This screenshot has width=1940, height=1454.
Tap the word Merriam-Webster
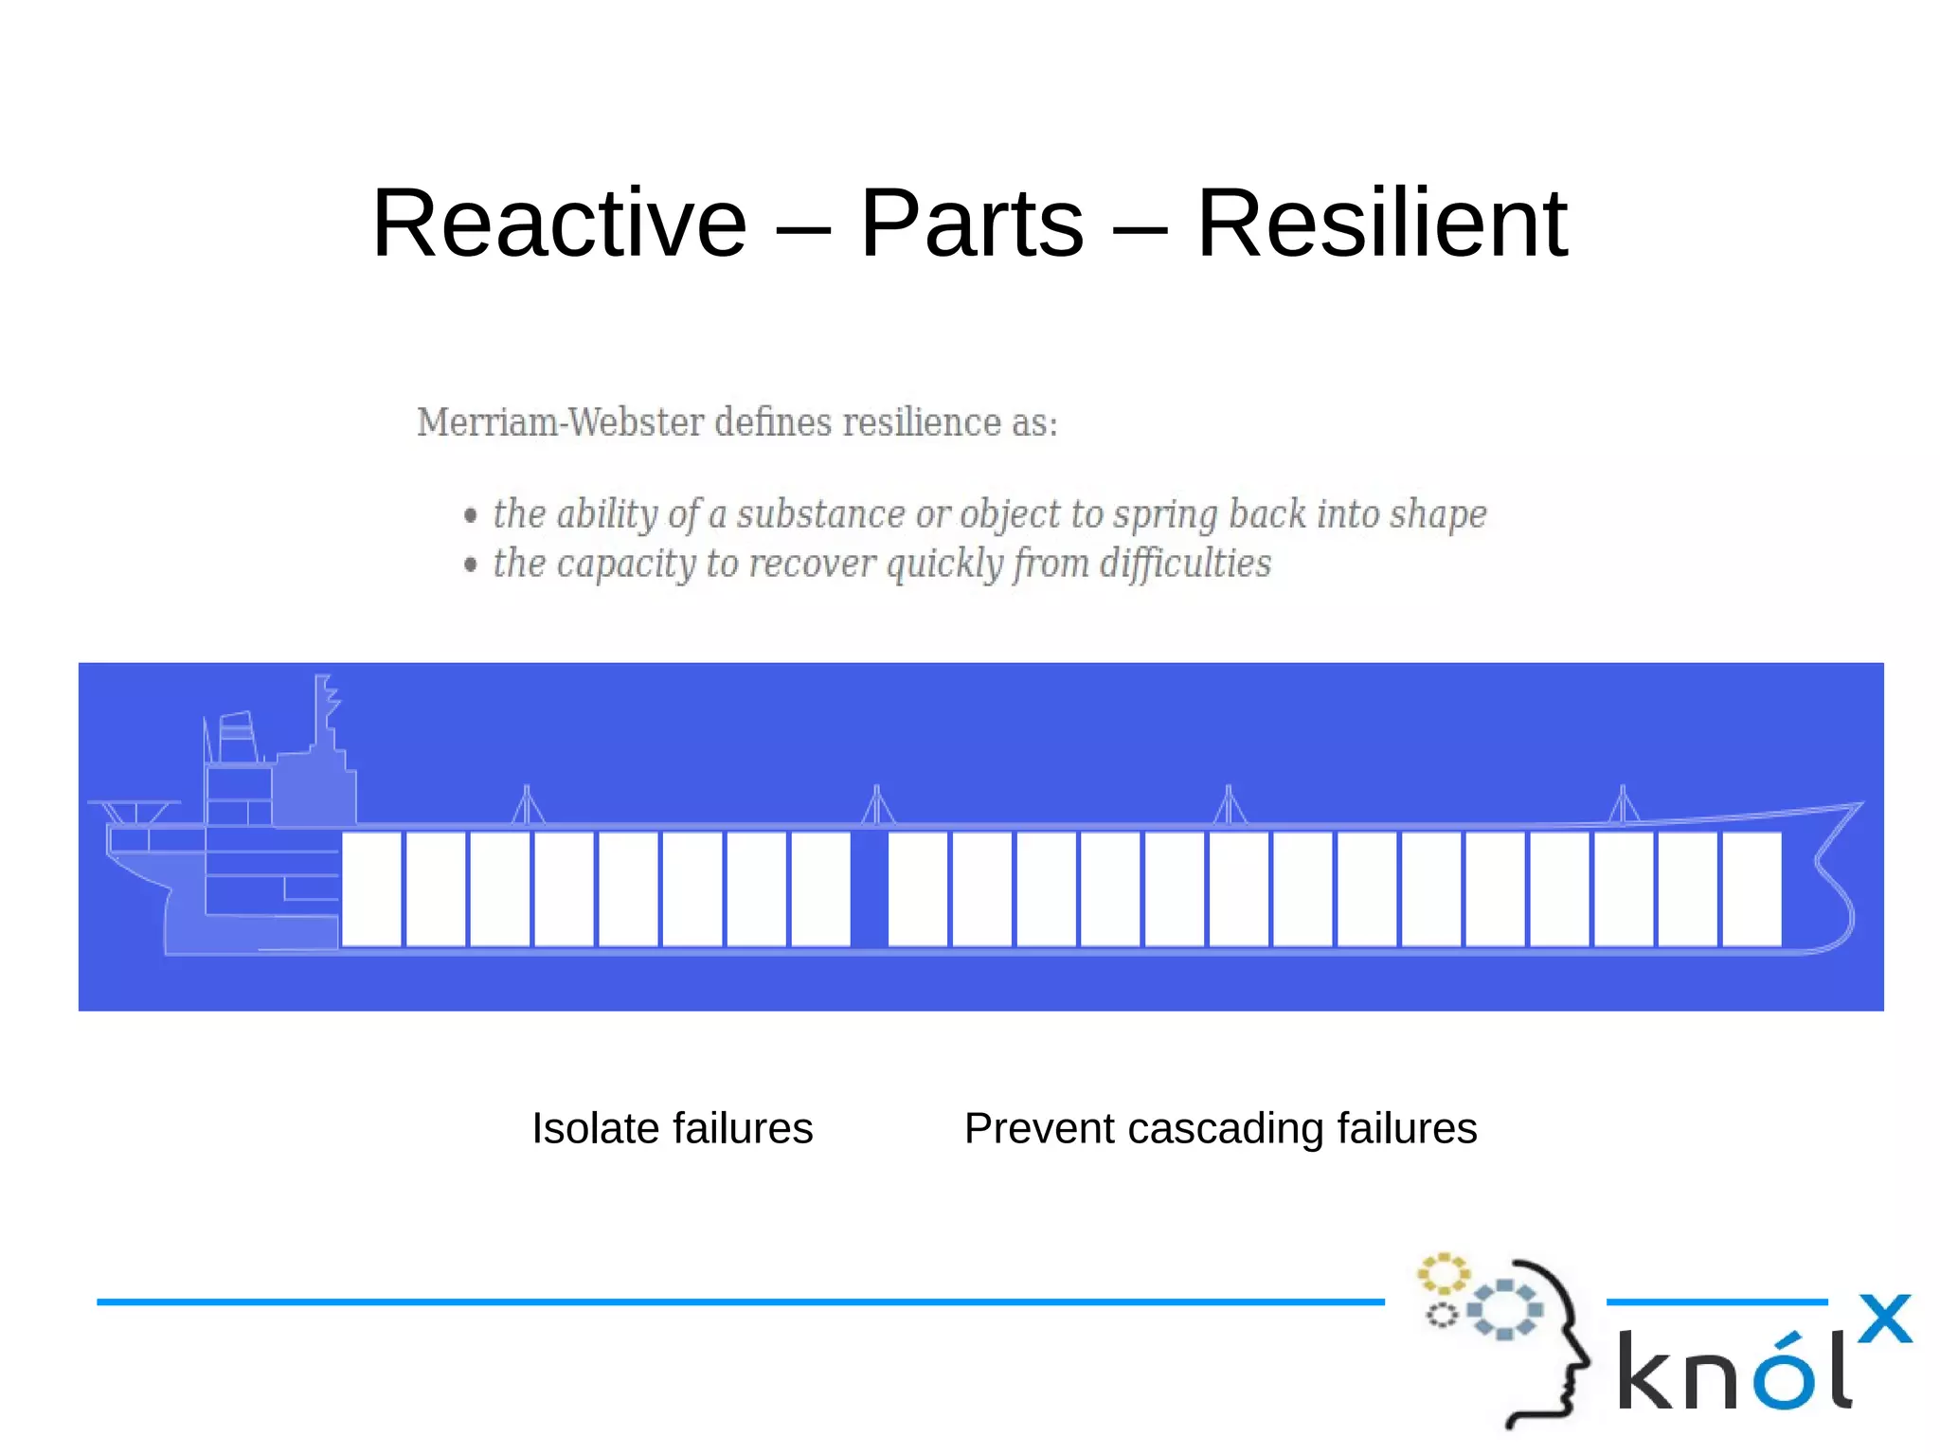pyautogui.click(x=561, y=422)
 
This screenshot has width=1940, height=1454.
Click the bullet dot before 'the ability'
pyautogui.click(x=471, y=515)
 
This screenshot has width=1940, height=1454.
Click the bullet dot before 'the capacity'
pyautogui.click(x=471, y=565)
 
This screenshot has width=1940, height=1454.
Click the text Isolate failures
pyautogui.click(x=672, y=1128)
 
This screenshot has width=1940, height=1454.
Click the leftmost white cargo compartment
pyautogui.click(x=370, y=889)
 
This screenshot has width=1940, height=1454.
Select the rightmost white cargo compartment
pyautogui.click(x=1751, y=889)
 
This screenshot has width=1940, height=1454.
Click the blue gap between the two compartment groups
pyautogui.click(x=870, y=889)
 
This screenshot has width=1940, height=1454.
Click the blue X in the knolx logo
pyautogui.click(x=1884, y=1319)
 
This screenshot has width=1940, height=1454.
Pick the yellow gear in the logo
pyautogui.click(x=1442, y=1273)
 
